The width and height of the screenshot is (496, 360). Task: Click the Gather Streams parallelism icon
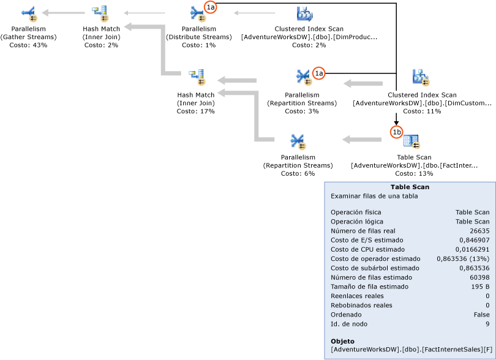28,13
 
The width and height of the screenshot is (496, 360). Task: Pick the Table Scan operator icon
411,142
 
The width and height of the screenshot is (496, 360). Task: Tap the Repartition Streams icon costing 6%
298,142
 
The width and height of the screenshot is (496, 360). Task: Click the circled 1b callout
396,132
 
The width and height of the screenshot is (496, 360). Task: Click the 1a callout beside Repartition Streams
318,73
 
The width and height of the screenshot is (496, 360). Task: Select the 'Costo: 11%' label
422,111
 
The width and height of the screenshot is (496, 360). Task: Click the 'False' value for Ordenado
481,314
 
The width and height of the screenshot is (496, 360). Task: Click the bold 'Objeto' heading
343,341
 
